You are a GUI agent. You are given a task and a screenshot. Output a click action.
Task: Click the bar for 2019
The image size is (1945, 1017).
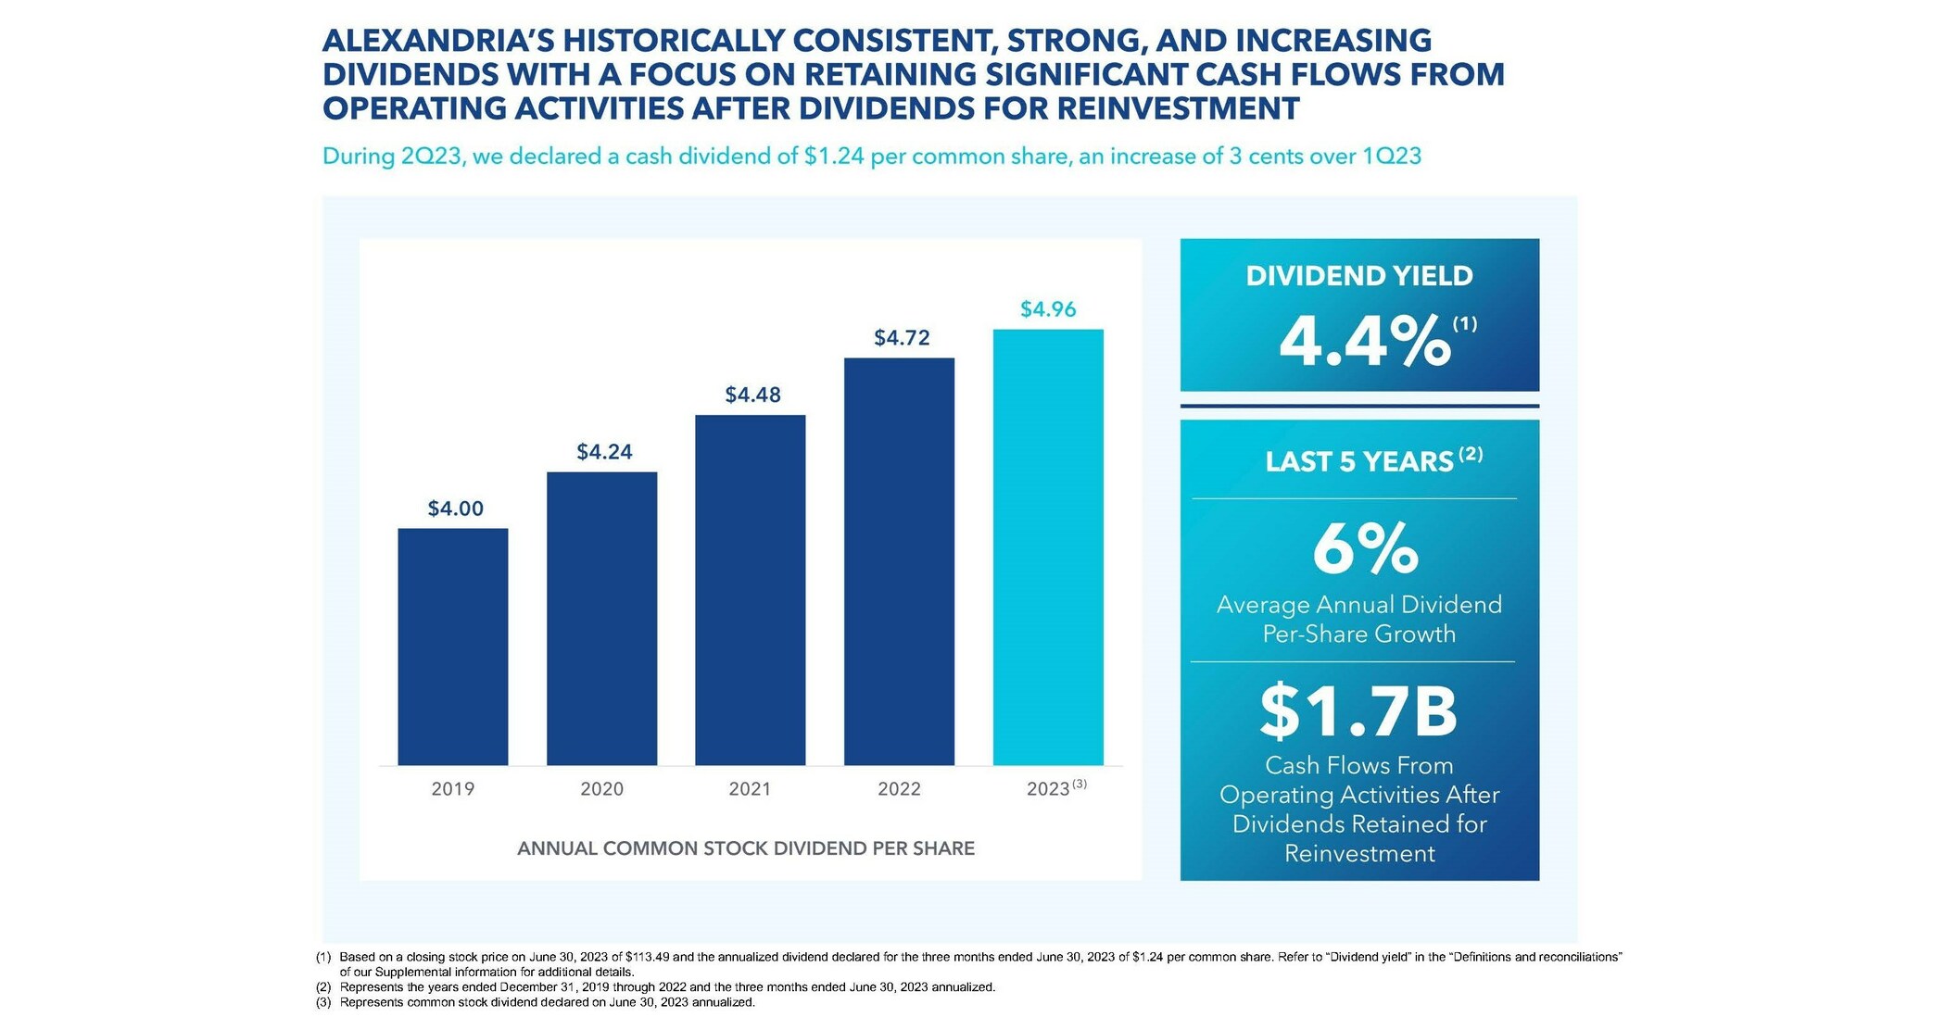453,647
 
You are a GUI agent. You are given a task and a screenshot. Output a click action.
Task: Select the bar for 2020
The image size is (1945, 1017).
601,618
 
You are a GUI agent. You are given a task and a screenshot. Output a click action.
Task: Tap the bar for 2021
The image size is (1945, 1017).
750,590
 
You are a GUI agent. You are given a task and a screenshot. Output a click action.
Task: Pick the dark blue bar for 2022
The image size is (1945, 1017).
899,561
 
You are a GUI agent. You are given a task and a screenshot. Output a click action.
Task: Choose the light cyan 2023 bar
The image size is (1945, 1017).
1048,546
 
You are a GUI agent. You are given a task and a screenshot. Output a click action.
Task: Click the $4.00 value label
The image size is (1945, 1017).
455,508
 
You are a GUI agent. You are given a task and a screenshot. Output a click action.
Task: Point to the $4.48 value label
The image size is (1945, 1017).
752,395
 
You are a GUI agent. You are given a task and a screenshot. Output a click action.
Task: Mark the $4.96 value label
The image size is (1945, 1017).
1048,309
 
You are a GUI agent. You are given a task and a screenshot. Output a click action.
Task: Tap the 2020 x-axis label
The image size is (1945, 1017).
601,789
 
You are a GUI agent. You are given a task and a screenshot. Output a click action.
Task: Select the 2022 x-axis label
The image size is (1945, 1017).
899,789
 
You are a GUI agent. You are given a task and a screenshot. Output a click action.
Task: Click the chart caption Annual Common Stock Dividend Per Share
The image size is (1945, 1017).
745,848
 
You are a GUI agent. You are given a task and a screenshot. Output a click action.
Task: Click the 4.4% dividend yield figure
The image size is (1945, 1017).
1364,342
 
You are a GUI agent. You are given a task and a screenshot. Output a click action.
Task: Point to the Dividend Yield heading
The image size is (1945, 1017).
1358,276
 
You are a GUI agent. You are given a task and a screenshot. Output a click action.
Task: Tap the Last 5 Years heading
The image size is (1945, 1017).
1359,461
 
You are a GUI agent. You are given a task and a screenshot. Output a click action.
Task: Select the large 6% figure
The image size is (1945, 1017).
1365,548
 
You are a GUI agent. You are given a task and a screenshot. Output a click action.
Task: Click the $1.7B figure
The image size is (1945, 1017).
1358,711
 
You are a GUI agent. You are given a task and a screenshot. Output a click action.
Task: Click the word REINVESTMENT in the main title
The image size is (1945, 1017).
1178,108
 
